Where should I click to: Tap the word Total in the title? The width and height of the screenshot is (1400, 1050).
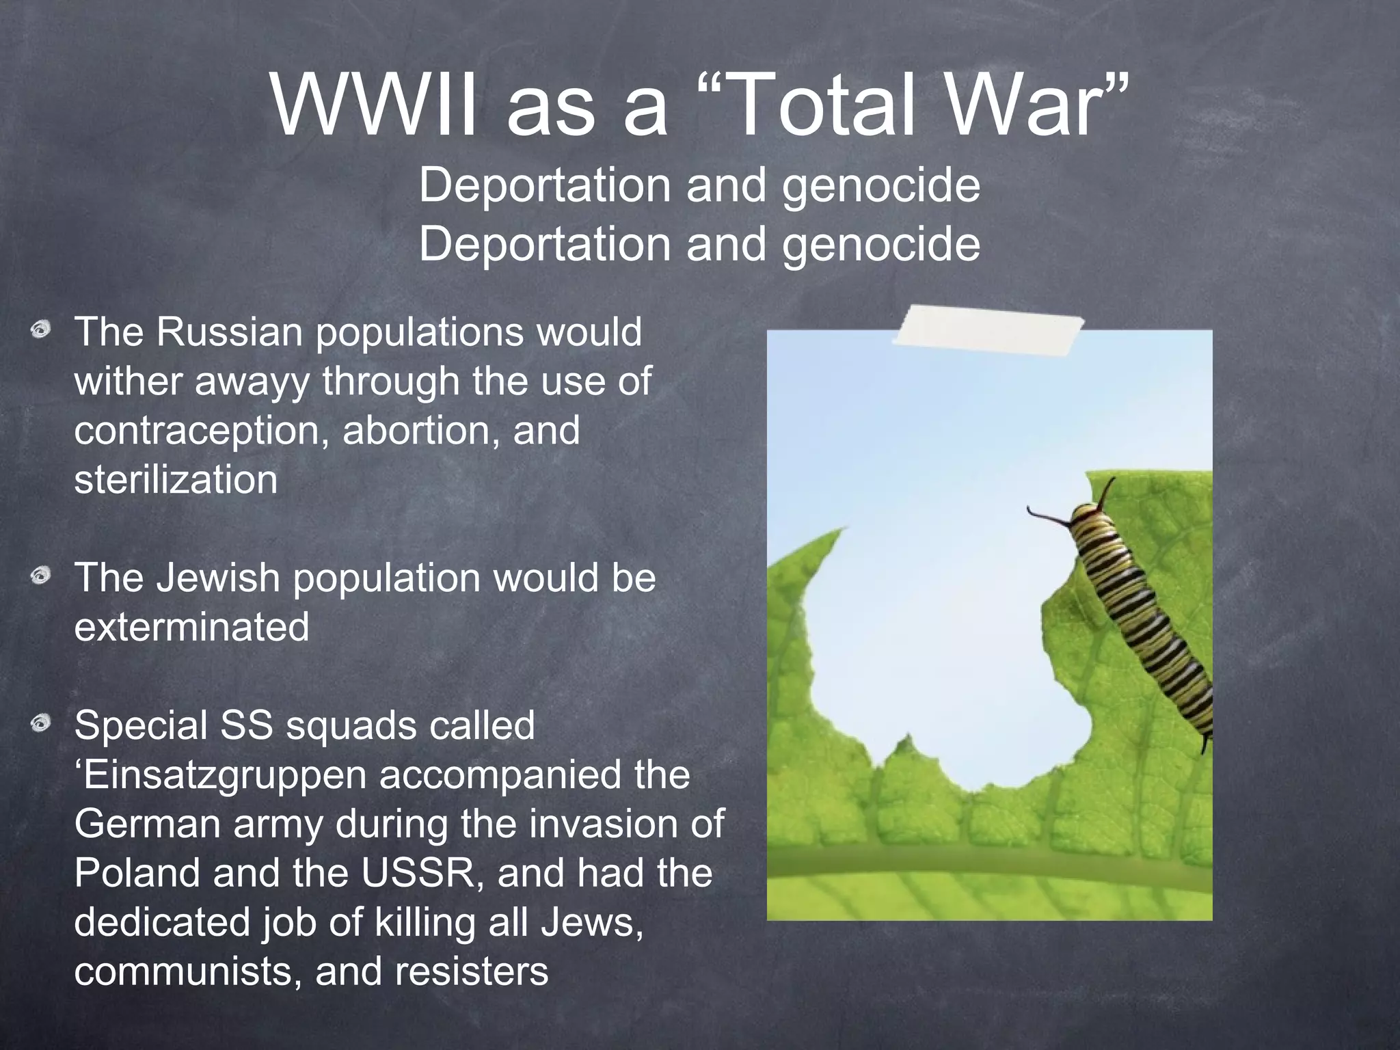pyautogui.click(x=824, y=107)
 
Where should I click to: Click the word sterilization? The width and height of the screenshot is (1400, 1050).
pyautogui.click(x=176, y=480)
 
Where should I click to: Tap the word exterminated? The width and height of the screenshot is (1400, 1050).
pyautogui.click(x=191, y=628)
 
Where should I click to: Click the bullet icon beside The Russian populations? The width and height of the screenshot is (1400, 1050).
pyautogui.click(x=41, y=330)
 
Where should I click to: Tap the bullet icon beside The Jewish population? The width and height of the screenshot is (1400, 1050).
pyautogui.click(x=41, y=576)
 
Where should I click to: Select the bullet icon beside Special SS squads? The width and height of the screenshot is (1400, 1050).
pyautogui.click(x=41, y=723)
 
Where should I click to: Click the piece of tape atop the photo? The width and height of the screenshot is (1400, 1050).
pyautogui.click(x=988, y=331)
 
